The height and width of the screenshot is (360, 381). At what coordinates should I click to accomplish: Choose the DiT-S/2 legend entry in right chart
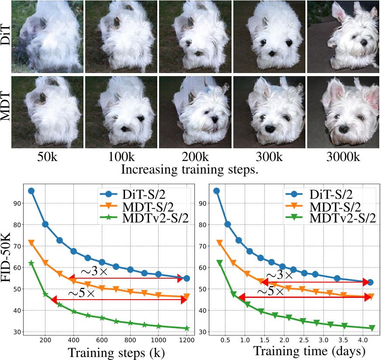coord(332,193)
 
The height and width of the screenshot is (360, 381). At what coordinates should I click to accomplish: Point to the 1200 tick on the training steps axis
coord(187,340)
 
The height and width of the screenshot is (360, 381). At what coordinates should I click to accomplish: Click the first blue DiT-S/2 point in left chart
coord(31,191)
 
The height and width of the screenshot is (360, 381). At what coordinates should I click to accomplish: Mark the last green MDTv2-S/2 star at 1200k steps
coord(187,328)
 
